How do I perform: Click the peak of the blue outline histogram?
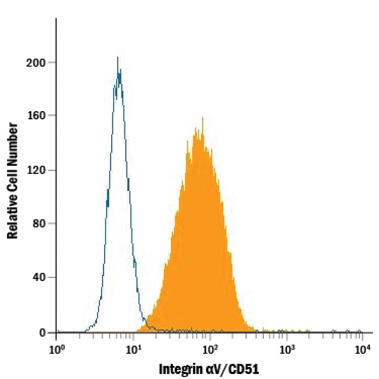pyautogui.click(x=118, y=58)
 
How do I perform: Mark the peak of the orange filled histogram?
pyautogui.click(x=203, y=118)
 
